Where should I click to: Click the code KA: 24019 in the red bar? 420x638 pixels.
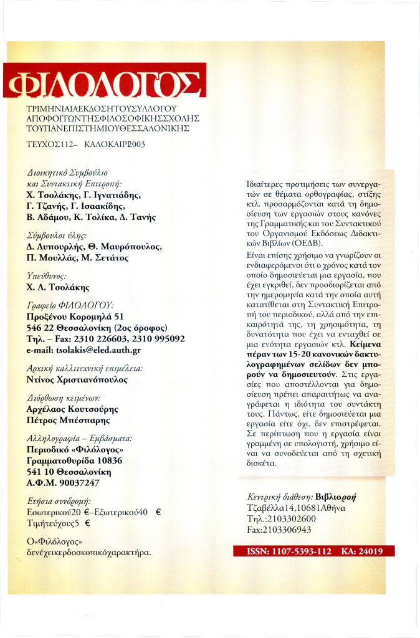click(x=362, y=551)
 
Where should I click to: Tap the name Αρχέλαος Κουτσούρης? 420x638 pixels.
click(x=73, y=409)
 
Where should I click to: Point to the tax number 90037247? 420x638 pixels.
click(x=77, y=482)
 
